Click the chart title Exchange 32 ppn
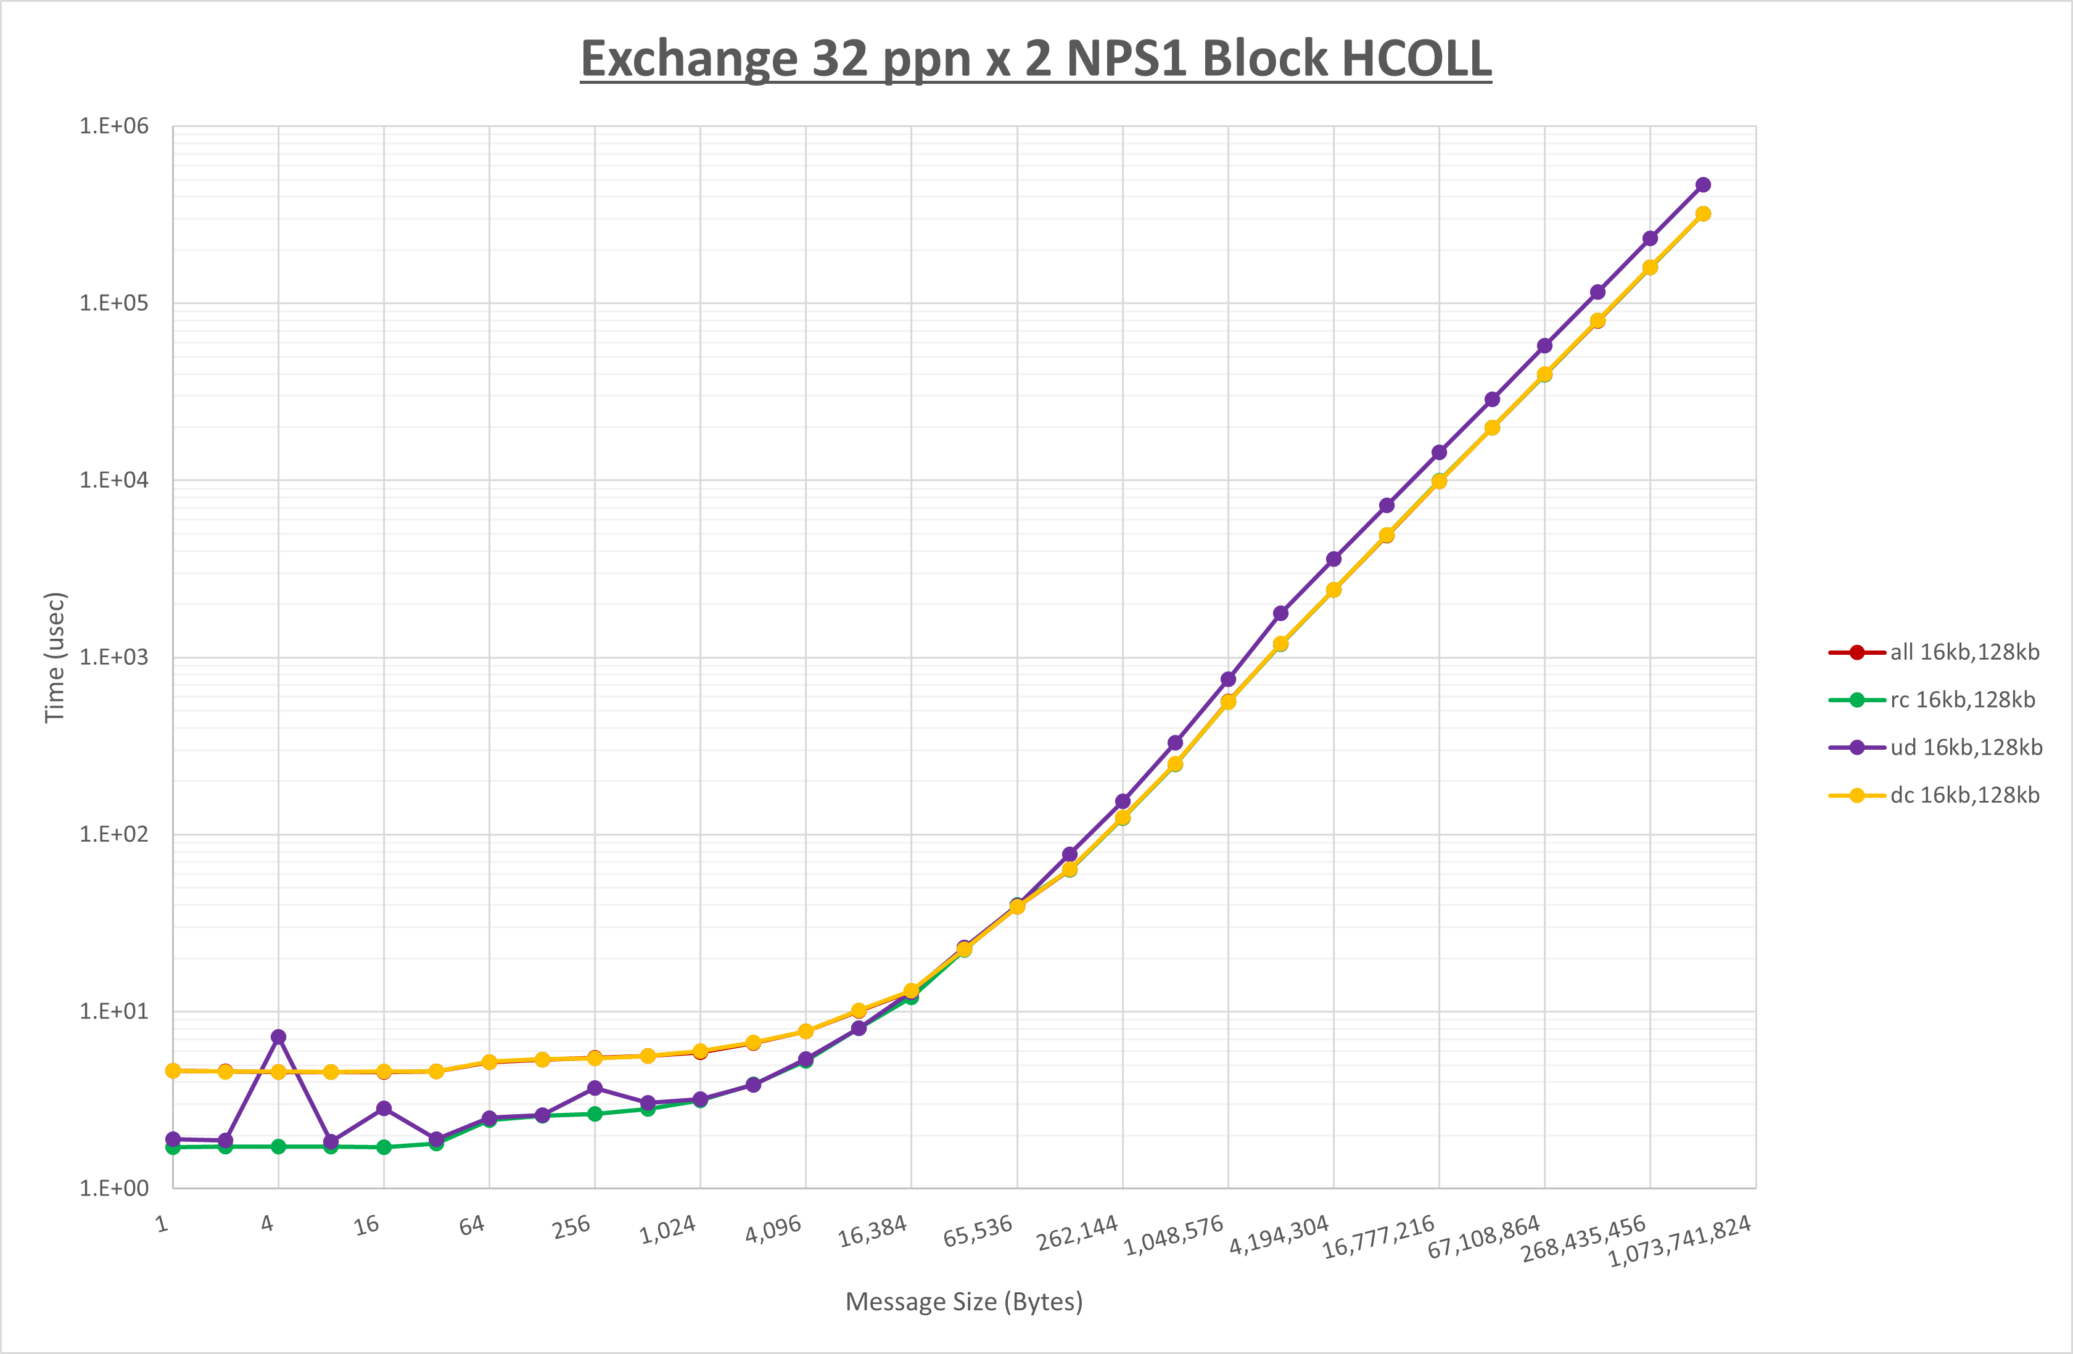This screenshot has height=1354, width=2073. point(1036,59)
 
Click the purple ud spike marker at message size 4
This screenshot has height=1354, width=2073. point(278,1037)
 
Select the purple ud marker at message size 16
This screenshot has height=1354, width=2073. point(384,1109)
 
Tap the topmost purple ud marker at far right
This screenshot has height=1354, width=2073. point(1703,184)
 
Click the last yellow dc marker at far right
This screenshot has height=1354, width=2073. point(1703,214)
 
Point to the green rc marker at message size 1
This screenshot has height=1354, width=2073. point(173,1147)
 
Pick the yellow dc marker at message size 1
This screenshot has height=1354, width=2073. point(173,1071)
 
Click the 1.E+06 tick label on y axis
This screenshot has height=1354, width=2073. point(114,126)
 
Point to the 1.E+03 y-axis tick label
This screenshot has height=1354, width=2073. point(114,657)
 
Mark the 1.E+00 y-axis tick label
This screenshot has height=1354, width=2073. point(114,1189)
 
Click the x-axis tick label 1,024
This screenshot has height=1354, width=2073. point(668,1230)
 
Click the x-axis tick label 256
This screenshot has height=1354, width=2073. point(571,1227)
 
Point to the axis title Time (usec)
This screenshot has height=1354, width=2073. point(55,657)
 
